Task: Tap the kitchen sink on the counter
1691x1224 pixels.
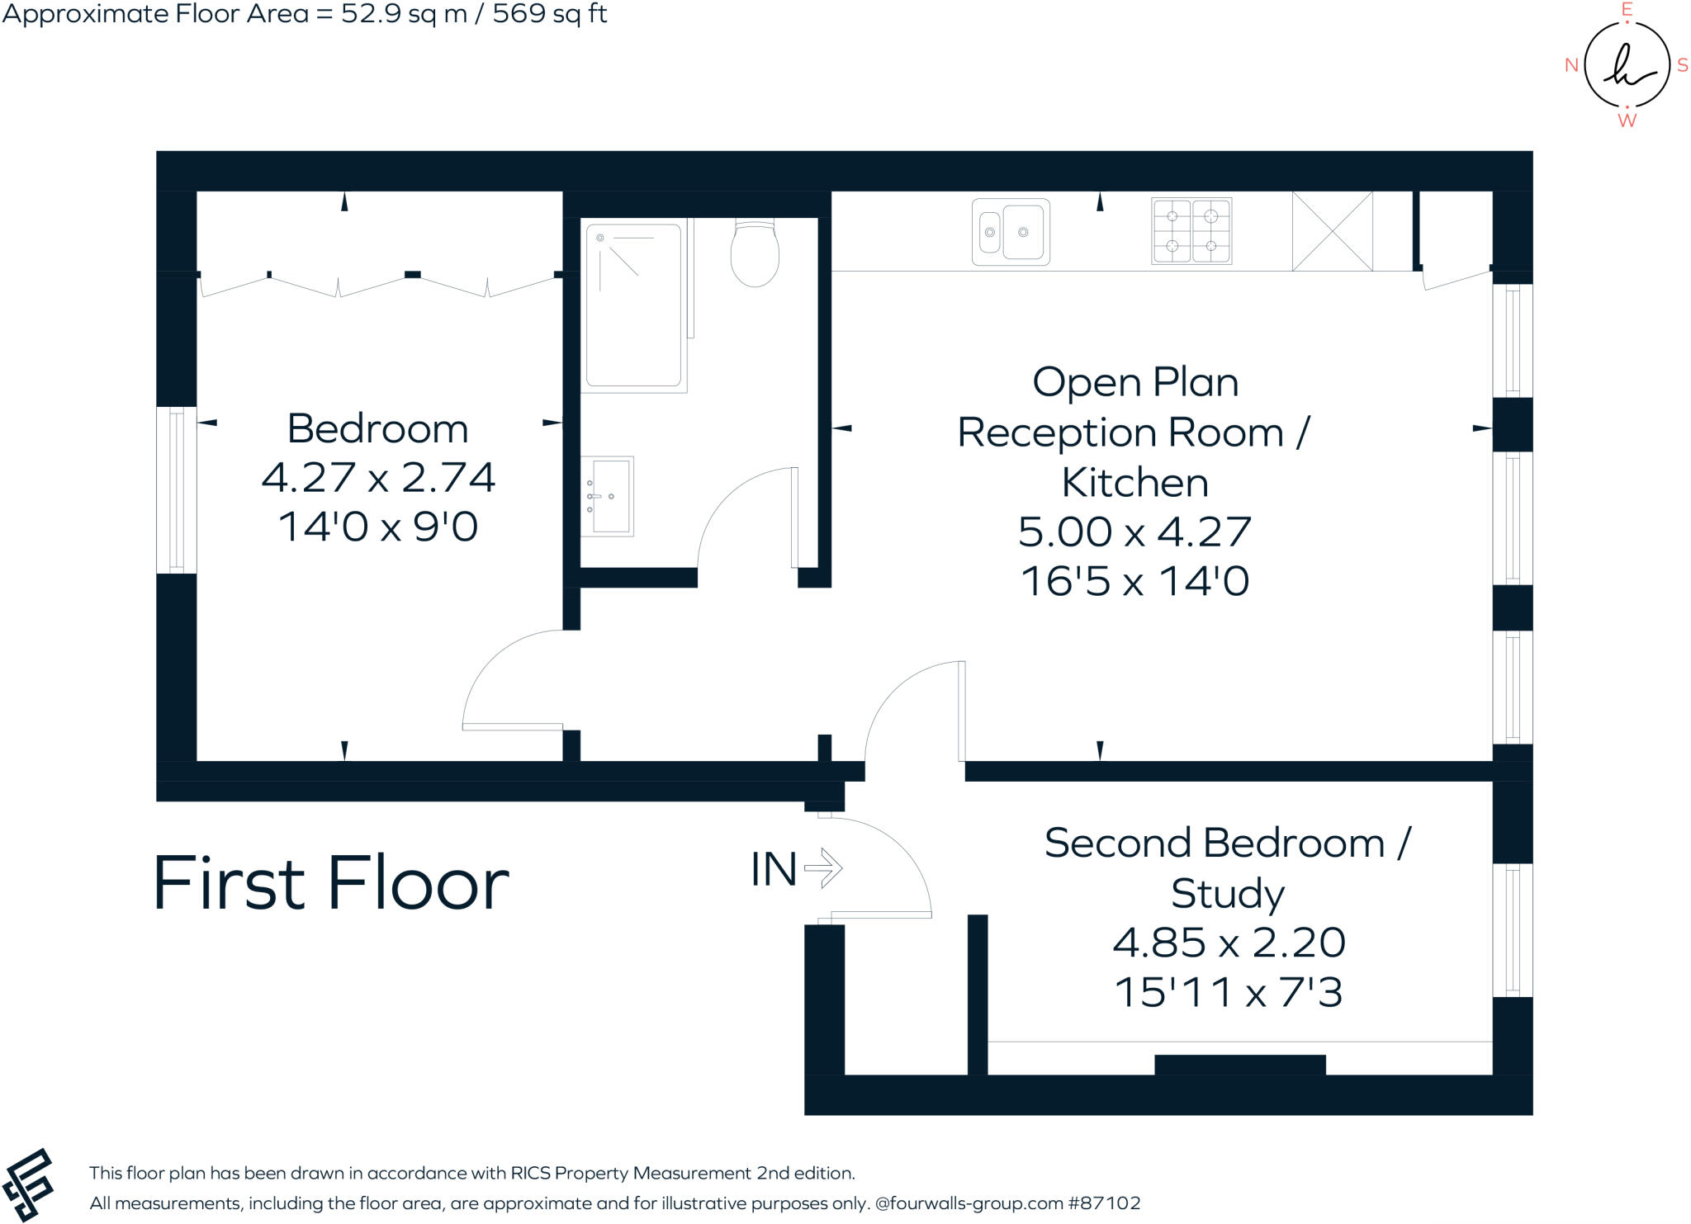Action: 1011,232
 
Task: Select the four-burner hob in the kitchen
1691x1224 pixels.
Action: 1191,231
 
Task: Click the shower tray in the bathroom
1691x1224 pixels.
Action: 633,305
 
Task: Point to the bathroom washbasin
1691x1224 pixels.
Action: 607,496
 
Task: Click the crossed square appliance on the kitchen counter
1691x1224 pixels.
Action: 1332,231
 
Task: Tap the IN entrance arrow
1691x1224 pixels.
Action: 822,868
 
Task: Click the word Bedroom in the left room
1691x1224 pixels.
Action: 377,428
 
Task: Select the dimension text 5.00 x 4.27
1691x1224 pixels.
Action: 1134,532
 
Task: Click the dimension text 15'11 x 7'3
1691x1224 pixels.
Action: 1229,992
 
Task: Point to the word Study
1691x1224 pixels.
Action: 1228,893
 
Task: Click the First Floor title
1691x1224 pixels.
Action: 331,883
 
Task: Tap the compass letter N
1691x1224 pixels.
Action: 1571,65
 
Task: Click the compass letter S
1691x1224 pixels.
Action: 1682,65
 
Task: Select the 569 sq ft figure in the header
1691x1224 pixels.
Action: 550,13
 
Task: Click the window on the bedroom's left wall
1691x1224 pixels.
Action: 176,490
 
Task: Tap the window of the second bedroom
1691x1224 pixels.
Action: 1512,930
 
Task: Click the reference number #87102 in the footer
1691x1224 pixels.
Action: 1104,1203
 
